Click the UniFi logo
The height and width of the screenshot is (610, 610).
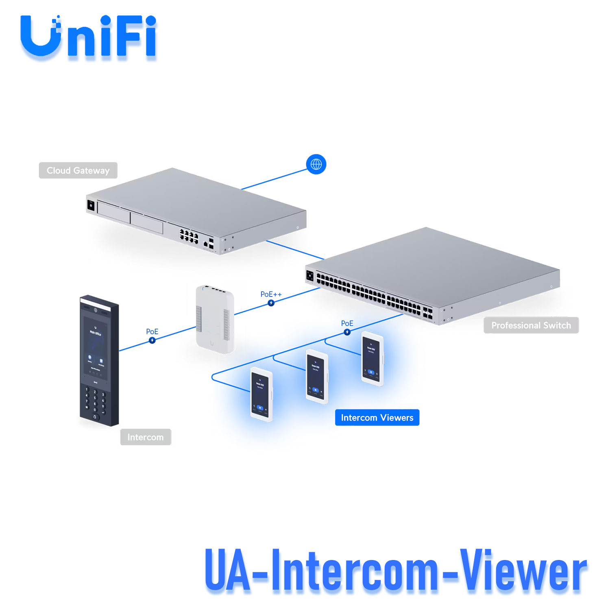click(88, 37)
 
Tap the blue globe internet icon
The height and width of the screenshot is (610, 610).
click(316, 164)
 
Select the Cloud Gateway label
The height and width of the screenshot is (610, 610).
click(78, 170)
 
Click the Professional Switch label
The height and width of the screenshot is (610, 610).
click(531, 325)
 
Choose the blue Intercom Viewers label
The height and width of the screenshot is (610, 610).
click(377, 418)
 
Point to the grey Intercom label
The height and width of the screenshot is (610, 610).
click(145, 437)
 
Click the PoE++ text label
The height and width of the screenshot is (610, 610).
click(271, 294)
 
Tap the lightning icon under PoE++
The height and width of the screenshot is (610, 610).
click(271, 303)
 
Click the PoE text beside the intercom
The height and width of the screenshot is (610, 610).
click(152, 331)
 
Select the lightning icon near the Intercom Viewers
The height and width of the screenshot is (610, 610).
click(347, 332)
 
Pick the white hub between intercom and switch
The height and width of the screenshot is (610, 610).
click(215, 319)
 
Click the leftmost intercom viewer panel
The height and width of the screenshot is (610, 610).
click(261, 394)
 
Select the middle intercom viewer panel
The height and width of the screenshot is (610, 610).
click(317, 376)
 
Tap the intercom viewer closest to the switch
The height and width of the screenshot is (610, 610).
click(372, 358)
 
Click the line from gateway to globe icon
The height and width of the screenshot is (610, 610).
click(274, 179)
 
